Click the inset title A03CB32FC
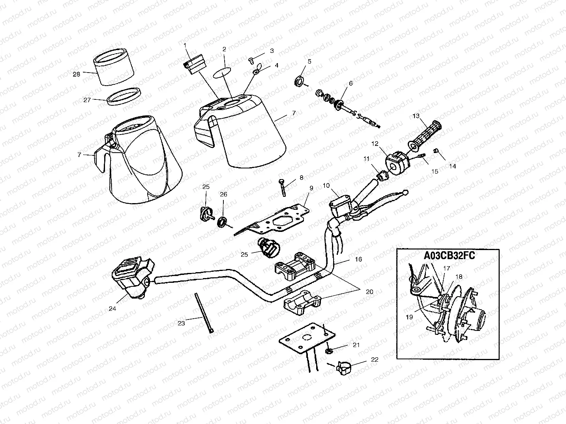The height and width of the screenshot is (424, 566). (x=449, y=256)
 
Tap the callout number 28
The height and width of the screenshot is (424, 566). (x=76, y=74)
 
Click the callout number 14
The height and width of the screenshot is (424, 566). (x=452, y=166)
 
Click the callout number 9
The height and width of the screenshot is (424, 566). (x=311, y=188)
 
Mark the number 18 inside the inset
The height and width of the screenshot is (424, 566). (x=459, y=277)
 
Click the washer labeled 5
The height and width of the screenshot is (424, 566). (x=300, y=82)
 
